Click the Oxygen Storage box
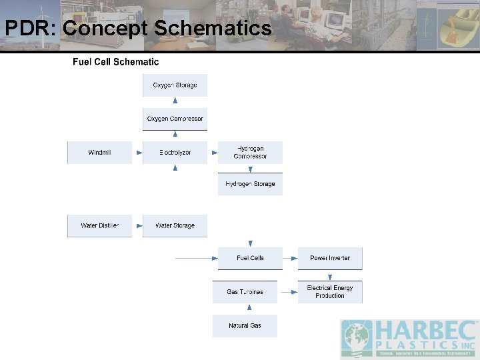pyautogui.click(x=175, y=85)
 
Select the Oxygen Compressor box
pyautogui.click(x=175, y=119)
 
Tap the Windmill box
pyautogui.click(x=99, y=153)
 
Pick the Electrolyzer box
pyautogui.click(x=175, y=153)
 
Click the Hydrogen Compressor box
pyautogui.click(x=250, y=153)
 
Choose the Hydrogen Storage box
pyautogui.click(x=250, y=184)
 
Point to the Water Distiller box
pyautogui.click(x=99, y=225)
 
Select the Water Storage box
pyautogui.click(x=175, y=225)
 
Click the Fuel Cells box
pyautogui.click(x=250, y=258)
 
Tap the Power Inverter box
pyautogui.click(x=330, y=258)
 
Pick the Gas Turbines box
pyautogui.click(x=245, y=292)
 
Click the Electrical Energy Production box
pyautogui.click(x=330, y=292)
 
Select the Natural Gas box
pyautogui.click(x=245, y=326)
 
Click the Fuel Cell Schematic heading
pyautogui.click(x=115, y=62)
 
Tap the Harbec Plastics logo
pyautogui.click(x=409, y=339)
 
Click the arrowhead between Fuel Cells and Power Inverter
pyautogui.click(x=294, y=258)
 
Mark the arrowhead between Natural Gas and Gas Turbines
pyautogui.click(x=249, y=308)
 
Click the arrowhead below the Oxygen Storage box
pyautogui.click(x=175, y=101)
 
